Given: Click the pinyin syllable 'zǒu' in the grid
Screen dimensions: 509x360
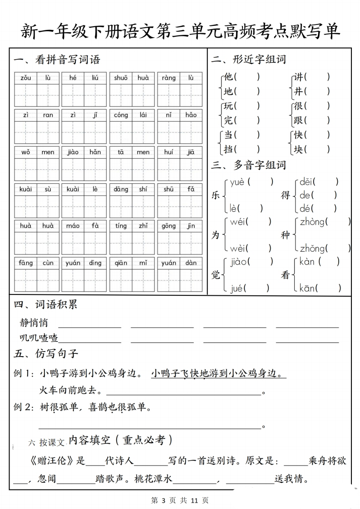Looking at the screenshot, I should tap(26, 78).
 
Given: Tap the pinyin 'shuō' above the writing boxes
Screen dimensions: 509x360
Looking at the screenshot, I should tap(121, 78).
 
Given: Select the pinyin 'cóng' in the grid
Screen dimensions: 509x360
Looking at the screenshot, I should tap(121, 115).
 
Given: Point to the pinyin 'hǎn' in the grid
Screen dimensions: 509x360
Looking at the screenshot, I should tap(95, 152).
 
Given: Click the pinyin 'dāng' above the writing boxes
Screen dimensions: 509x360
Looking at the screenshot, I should tap(121, 189).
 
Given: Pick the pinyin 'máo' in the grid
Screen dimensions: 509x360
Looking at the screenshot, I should tap(73, 225).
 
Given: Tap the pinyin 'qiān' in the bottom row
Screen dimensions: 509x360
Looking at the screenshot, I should tap(121, 263).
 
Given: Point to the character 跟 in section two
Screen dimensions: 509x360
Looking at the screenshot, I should tap(298, 121).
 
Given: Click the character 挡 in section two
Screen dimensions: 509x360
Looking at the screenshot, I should tap(228, 149).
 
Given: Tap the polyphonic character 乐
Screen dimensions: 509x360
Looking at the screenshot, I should tap(216, 195).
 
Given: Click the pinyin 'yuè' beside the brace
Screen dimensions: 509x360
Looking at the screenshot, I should tap(237, 182).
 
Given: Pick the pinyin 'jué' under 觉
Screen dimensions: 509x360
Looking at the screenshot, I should tap(237, 288).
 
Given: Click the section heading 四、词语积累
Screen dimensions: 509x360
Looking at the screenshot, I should tap(45, 304).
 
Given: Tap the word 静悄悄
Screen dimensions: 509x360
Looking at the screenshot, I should tap(34, 323).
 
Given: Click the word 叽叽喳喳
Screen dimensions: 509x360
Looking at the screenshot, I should tap(39, 338).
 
